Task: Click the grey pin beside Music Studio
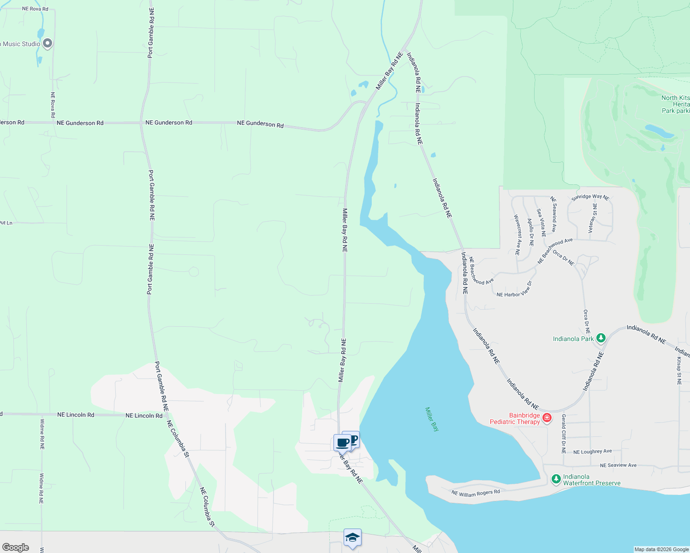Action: (47, 43)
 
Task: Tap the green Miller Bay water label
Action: (432, 419)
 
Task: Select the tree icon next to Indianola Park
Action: (601, 338)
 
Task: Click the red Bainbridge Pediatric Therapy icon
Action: (547, 418)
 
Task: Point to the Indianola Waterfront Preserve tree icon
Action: (556, 479)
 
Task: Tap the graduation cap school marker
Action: (352, 537)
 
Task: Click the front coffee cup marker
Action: (342, 443)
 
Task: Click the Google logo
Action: (16, 547)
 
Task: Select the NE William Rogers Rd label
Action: (476, 493)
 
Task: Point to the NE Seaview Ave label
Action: (618, 465)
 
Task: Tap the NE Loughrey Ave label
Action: (592, 452)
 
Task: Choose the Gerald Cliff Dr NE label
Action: (564, 434)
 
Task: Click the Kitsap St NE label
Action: (679, 371)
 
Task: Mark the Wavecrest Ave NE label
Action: (517, 235)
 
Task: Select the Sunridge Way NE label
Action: (590, 197)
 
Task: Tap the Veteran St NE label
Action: (592, 219)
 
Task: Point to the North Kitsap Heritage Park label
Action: (675, 104)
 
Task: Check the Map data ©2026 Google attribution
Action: (661, 549)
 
